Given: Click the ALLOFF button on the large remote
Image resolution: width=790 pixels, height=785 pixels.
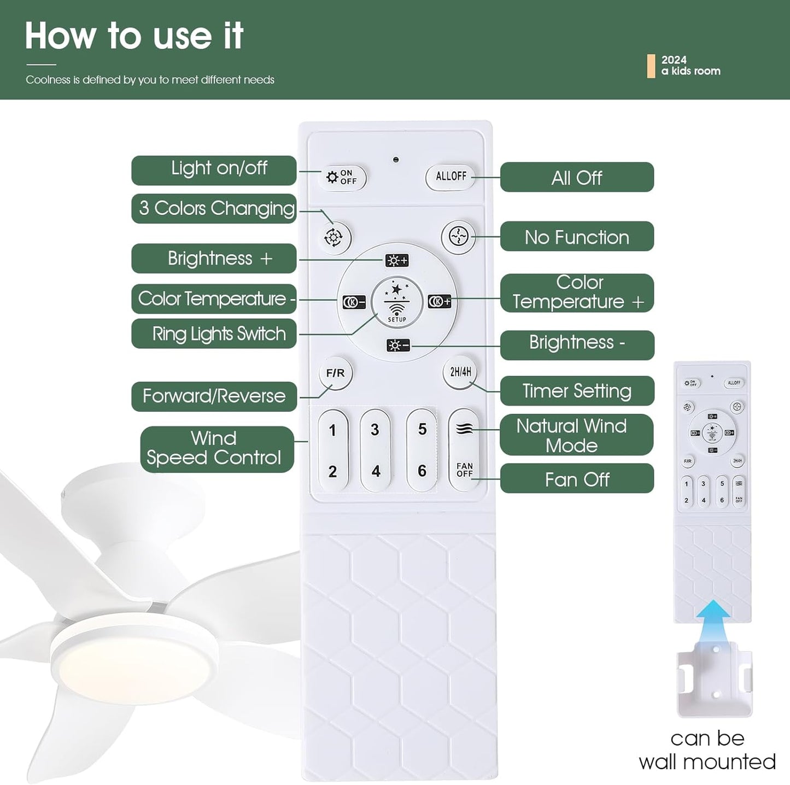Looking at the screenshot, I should [x=450, y=177].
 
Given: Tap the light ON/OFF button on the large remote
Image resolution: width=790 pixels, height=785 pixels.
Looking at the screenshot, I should [x=342, y=177].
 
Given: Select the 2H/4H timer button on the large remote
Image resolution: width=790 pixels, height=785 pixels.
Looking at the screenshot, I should [x=460, y=372].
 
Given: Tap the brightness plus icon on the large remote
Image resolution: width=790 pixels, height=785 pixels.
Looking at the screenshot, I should [x=397, y=261].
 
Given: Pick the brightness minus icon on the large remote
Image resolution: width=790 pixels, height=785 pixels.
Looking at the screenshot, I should [x=397, y=345].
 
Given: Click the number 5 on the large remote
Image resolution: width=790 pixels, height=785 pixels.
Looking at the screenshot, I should [x=422, y=430].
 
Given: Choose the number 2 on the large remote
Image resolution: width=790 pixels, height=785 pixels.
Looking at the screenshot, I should [x=332, y=471].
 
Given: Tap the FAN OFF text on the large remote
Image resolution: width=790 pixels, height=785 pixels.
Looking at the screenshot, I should [x=464, y=470].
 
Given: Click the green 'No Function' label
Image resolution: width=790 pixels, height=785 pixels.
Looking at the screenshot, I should [x=577, y=237].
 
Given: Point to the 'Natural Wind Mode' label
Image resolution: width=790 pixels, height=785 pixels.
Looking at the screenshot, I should [x=576, y=435].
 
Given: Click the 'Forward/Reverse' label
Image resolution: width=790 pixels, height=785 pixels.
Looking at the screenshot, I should [x=214, y=396].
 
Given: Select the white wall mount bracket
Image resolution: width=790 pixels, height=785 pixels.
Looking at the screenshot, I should [x=715, y=680].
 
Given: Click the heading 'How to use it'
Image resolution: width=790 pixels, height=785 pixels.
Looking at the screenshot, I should [x=134, y=36].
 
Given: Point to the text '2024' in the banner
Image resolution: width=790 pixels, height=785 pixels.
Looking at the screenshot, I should [x=674, y=60].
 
